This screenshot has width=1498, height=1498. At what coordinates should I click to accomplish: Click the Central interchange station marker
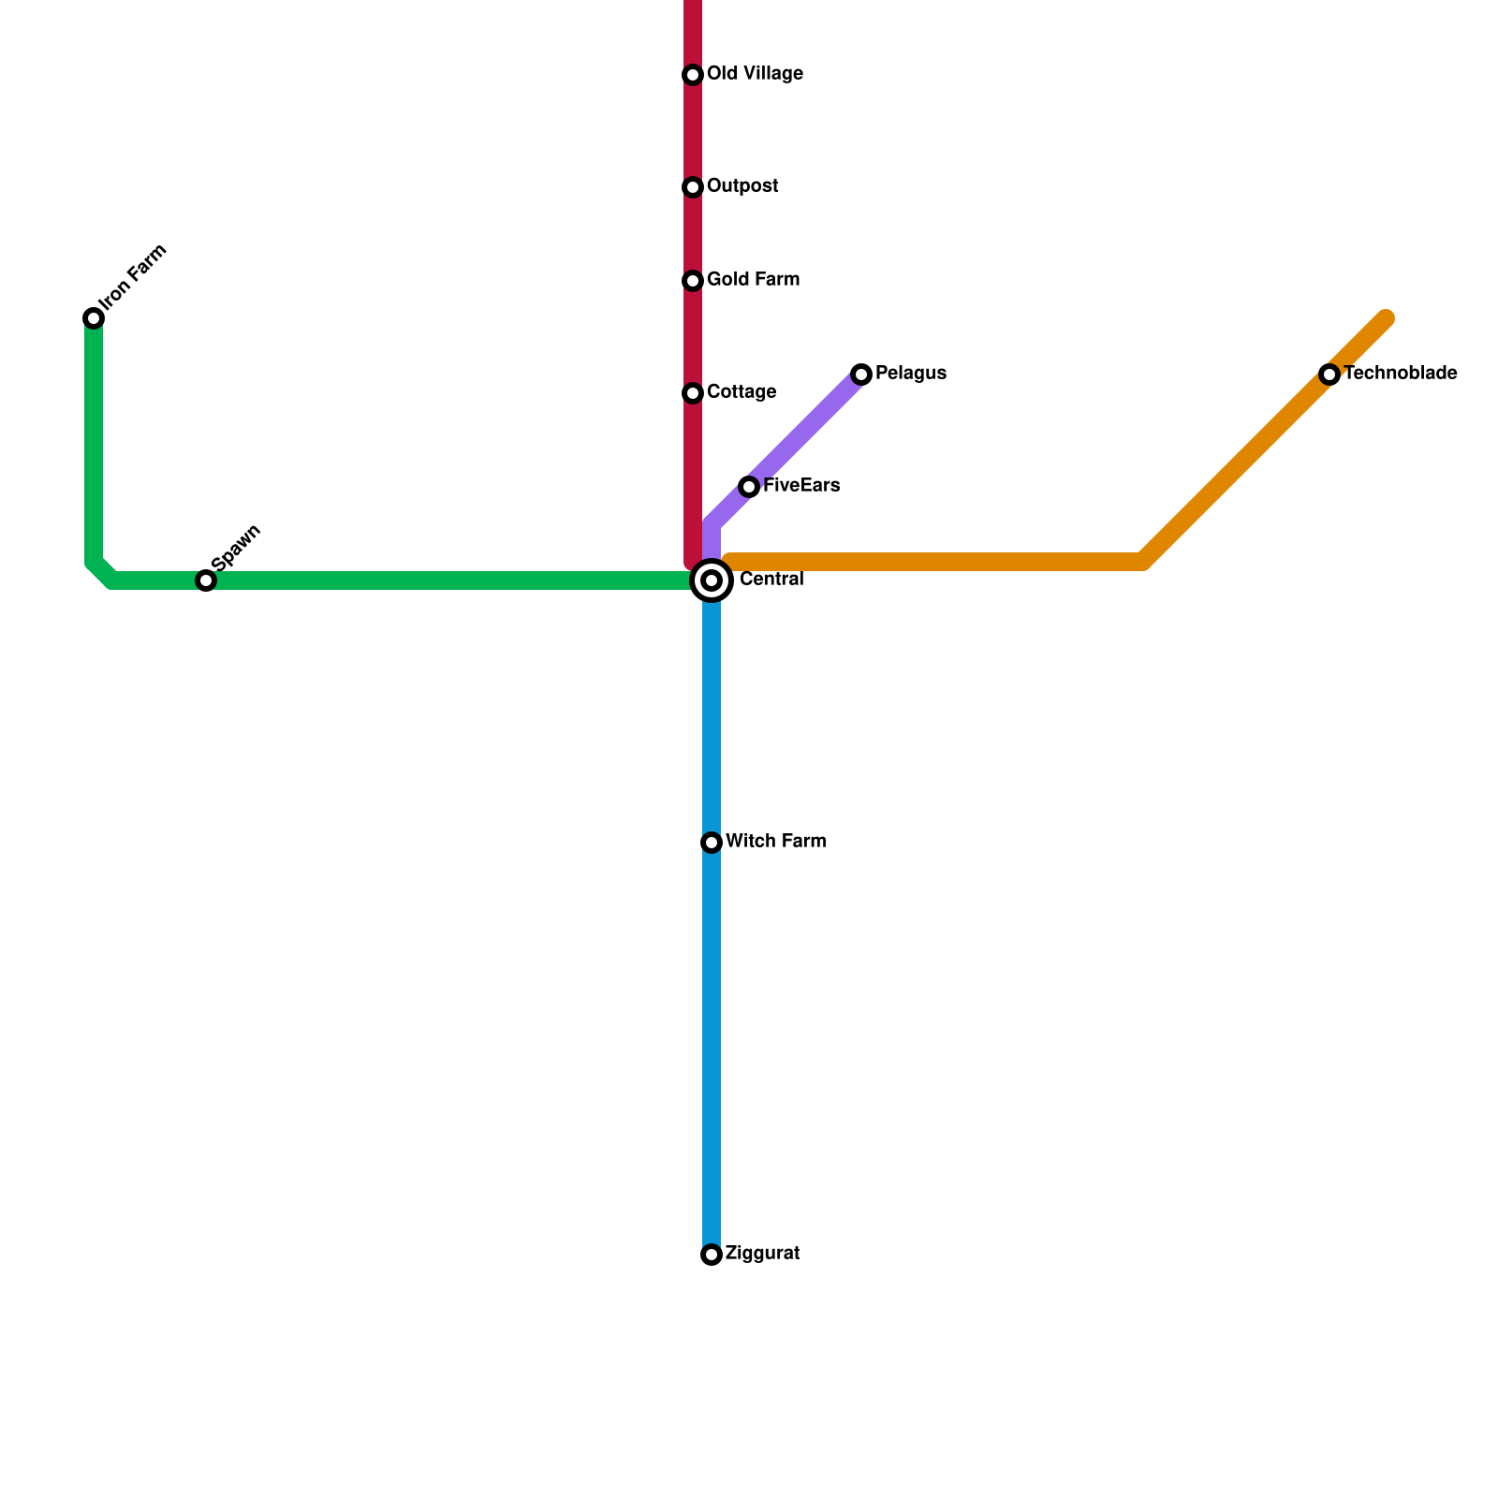coord(712,580)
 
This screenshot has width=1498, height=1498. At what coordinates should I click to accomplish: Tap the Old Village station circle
coord(693,75)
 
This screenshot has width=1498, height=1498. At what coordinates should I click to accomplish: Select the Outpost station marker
coord(693,187)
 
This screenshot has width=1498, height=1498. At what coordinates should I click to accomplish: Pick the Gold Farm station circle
coord(693,281)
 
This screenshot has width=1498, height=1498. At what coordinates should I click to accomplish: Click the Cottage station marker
coord(693,393)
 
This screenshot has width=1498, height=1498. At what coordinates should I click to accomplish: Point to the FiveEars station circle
coord(749,487)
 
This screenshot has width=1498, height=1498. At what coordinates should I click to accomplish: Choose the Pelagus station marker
coord(861,374)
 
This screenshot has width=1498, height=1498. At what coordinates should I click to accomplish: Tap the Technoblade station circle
coord(1329,374)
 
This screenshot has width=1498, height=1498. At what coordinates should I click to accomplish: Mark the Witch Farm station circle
coord(712,843)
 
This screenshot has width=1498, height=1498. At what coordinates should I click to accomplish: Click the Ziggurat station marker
coord(712,1255)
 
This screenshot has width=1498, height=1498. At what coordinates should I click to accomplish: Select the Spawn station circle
coord(206,580)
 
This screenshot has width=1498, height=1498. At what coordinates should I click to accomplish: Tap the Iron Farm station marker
coord(94,318)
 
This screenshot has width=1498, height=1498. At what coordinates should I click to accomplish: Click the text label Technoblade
coord(1400,374)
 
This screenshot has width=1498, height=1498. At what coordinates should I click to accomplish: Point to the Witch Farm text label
coord(775,842)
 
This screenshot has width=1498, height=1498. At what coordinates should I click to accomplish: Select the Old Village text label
coord(755,74)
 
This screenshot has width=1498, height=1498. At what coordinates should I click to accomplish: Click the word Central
coord(771,580)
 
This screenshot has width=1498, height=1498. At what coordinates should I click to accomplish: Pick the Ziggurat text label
coord(762,1254)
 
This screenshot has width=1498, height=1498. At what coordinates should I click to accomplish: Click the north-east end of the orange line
coord(1386,319)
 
